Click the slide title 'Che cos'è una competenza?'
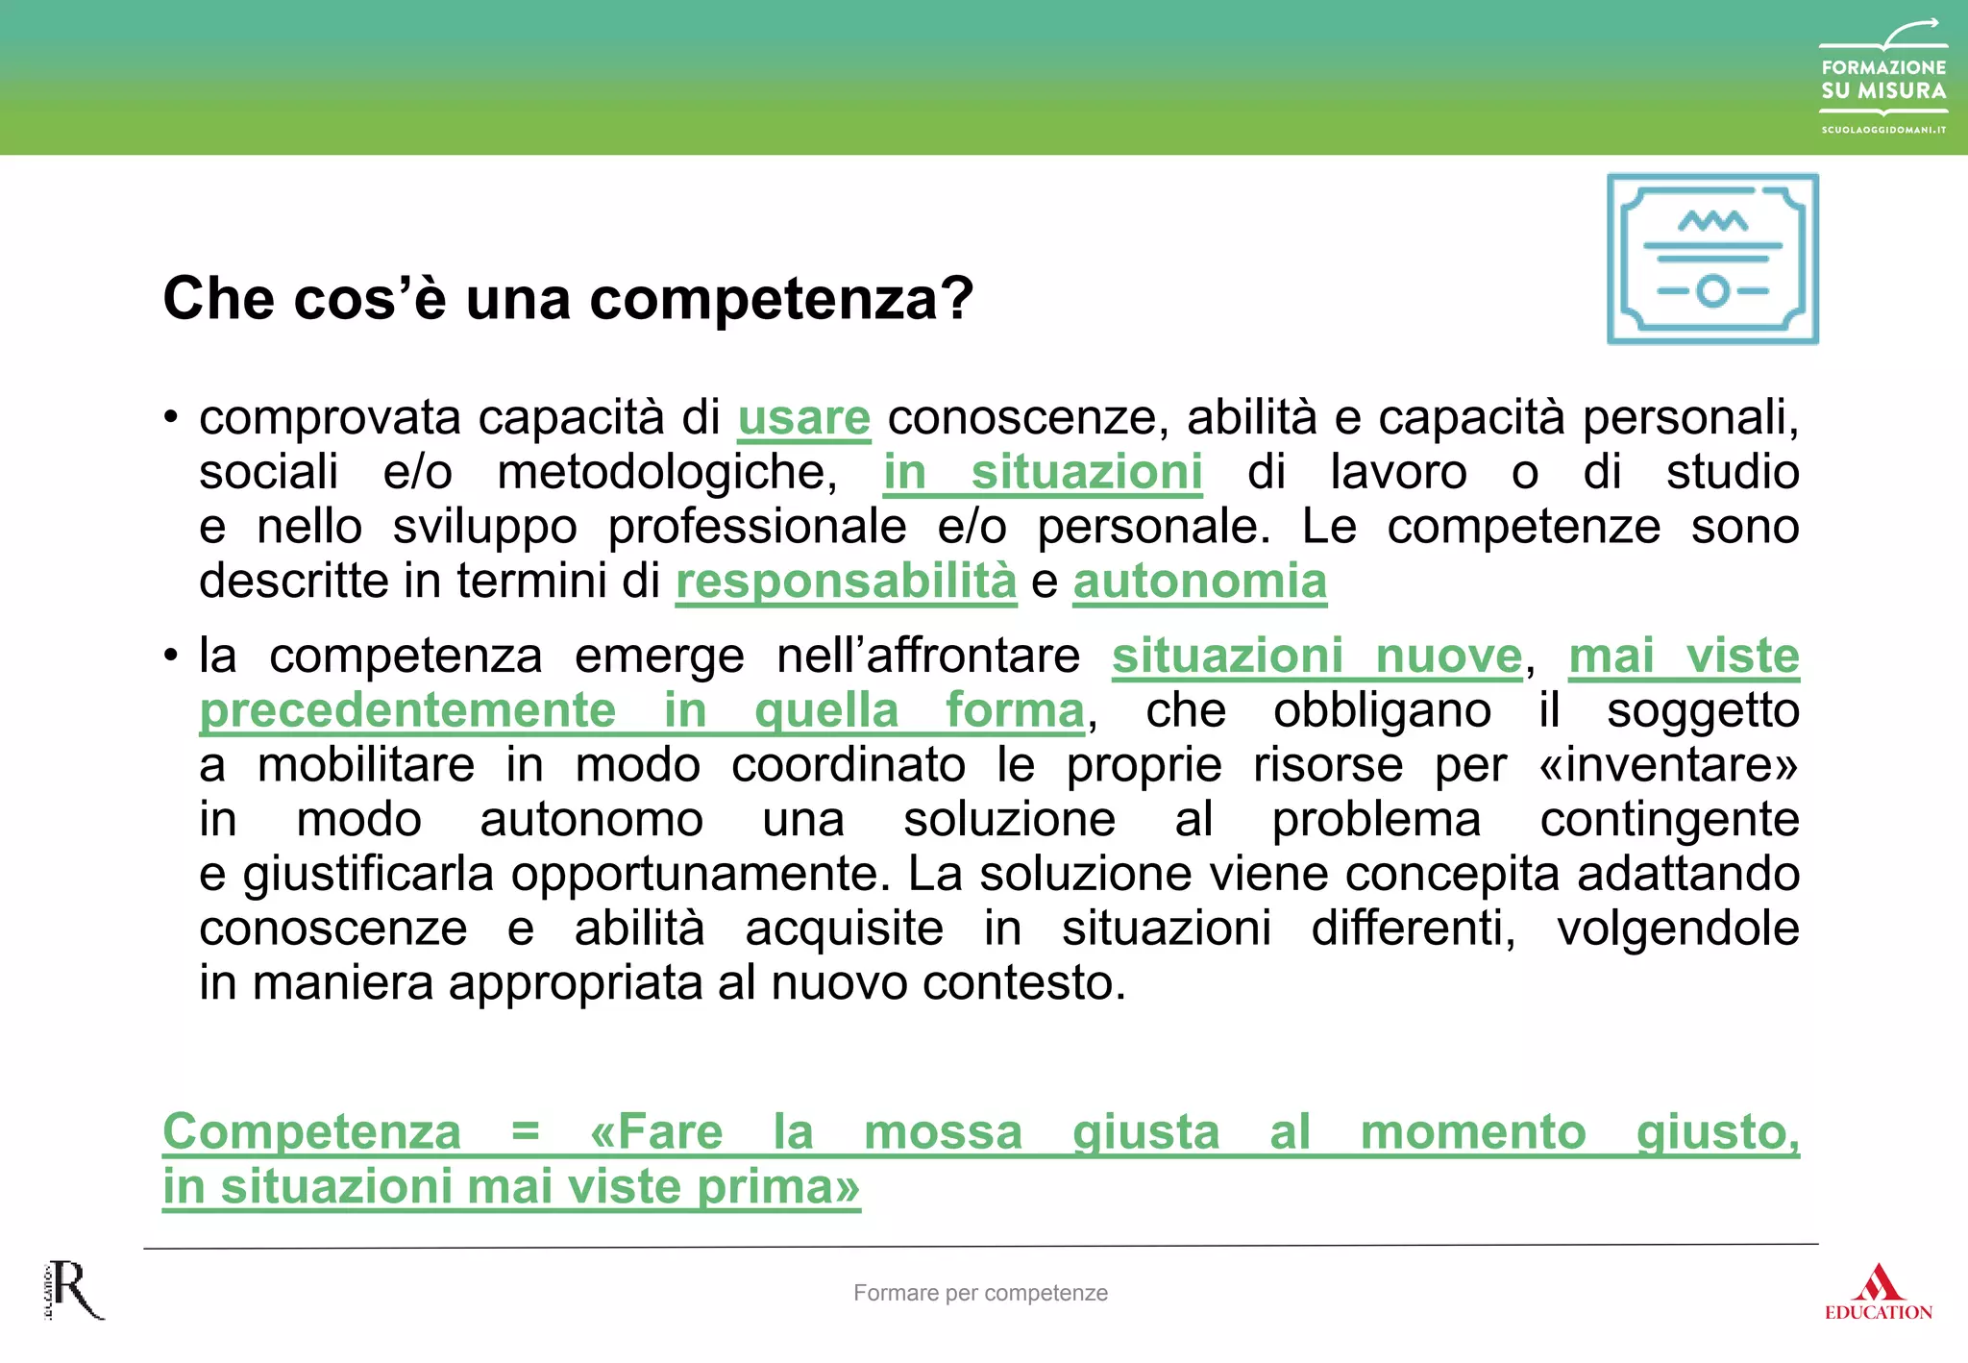tap(568, 298)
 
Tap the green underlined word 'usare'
tap(803, 418)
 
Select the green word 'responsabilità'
tap(846, 582)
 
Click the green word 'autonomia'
tap(1199, 582)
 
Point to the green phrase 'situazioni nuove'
tap(1316, 657)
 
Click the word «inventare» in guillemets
tap(1668, 766)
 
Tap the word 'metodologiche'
tap(667, 473)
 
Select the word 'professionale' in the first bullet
tap(756, 528)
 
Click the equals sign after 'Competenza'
tap(525, 1131)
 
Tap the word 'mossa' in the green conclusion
tap(943, 1131)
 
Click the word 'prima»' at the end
tap(778, 1186)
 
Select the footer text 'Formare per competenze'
tap(980, 1293)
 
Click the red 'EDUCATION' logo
tap(1878, 1294)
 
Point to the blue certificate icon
tap(1712, 259)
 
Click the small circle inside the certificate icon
tap(1712, 290)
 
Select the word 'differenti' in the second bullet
tap(1413, 929)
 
